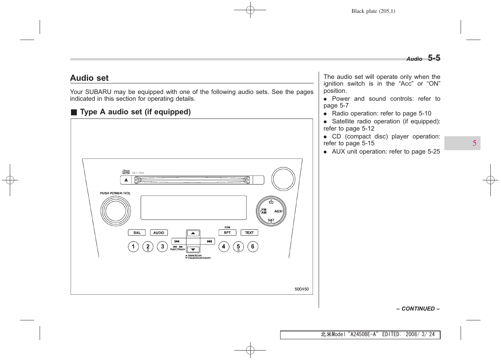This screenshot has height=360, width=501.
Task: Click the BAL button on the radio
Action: tap(137, 233)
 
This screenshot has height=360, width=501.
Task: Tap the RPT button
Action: tap(227, 233)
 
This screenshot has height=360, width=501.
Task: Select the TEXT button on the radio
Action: tap(249, 233)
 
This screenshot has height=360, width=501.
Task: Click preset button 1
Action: tap(133, 247)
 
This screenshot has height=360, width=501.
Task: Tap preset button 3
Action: tap(162, 247)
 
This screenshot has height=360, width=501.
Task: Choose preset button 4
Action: tap(224, 247)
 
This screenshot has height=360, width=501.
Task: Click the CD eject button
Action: tap(126, 180)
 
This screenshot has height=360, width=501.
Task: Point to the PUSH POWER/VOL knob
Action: tap(116, 211)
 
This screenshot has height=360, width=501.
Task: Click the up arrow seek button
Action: tap(193, 234)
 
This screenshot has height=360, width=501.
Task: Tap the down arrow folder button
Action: tap(193, 249)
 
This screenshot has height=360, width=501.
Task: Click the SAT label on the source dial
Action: tap(271, 220)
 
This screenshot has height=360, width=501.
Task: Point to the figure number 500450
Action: tap(302, 289)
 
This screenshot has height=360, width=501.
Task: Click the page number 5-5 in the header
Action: tap(434, 58)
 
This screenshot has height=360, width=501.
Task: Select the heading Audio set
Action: tap(89, 78)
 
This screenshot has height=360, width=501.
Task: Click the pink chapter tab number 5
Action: tap(474, 143)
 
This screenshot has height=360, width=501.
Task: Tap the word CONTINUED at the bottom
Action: tap(418, 309)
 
